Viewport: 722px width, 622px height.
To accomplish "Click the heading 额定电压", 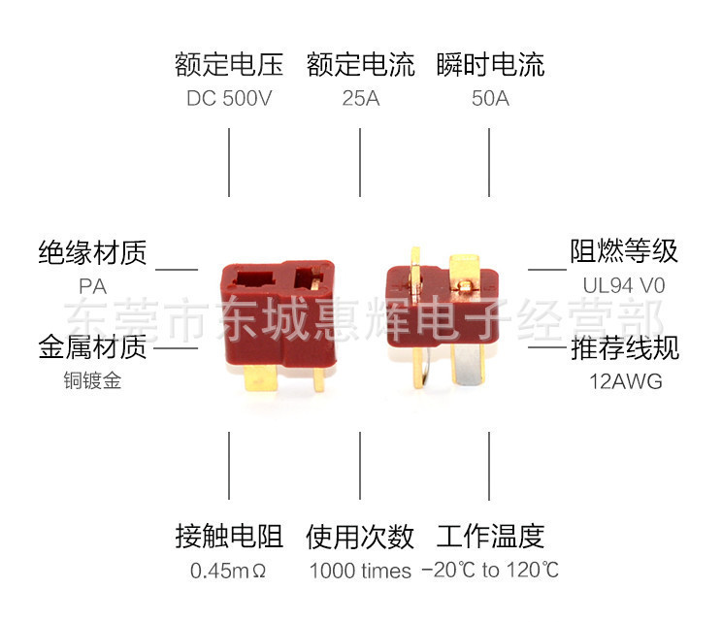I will coord(229,65).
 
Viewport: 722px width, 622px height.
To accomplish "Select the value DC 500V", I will coord(229,99).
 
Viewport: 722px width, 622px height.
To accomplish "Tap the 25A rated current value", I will coord(361,99).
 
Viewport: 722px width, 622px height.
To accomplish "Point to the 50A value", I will coord(489,99).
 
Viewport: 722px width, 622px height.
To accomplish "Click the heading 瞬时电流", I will coord(490,65).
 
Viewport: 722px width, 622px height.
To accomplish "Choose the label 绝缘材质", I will coord(92,253).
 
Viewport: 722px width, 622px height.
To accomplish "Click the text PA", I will coord(92,287).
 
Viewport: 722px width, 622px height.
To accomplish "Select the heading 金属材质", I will coord(92,346).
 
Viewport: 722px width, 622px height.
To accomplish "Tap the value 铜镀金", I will coord(92,381).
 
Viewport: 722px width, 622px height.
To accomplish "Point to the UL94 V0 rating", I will coord(624,287).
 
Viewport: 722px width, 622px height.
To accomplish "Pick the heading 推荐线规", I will coord(624,347).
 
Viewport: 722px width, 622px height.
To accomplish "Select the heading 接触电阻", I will coord(229,536).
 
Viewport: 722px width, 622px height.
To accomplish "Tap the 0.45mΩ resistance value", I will coord(229,571).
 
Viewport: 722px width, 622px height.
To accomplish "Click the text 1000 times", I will coord(360,571).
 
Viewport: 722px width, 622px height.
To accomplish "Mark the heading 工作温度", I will coord(490,536).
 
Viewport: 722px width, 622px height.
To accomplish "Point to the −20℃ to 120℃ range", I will coord(490,571).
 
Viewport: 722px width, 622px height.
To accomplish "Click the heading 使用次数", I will coord(360,536).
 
